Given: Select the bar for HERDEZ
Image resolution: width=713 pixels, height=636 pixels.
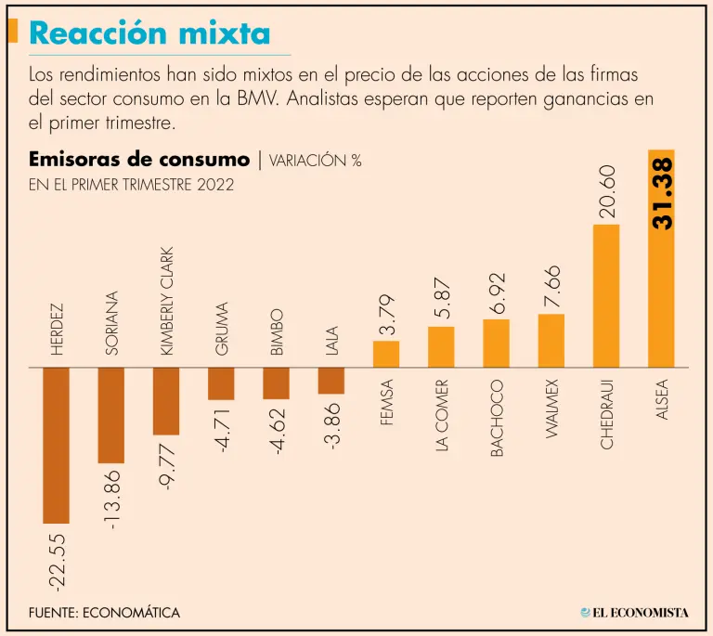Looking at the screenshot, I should click(57, 445).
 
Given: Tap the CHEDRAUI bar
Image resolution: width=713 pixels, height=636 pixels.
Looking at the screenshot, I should click(606, 295).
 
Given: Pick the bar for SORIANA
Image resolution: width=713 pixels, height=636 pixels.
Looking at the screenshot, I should click(111, 415).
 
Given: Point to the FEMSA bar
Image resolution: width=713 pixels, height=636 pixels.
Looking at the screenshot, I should click(386, 354).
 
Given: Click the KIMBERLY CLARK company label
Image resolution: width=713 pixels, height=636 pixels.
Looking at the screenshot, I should click(167, 301).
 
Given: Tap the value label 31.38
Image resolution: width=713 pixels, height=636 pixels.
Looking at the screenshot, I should click(662, 193).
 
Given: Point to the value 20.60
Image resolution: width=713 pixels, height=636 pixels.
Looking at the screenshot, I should click(607, 191).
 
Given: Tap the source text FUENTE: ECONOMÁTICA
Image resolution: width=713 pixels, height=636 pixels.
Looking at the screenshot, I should click(105, 613).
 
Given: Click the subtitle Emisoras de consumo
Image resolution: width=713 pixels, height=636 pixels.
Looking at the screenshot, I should click(139, 160).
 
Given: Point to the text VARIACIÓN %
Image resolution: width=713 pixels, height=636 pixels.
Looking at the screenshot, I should click(316, 161).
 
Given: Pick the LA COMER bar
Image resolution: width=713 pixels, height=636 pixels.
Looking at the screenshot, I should click(441, 346).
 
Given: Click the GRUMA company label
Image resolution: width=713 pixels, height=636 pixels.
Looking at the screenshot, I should click(222, 329).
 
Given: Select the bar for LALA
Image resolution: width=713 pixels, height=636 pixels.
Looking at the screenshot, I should click(331, 381).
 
